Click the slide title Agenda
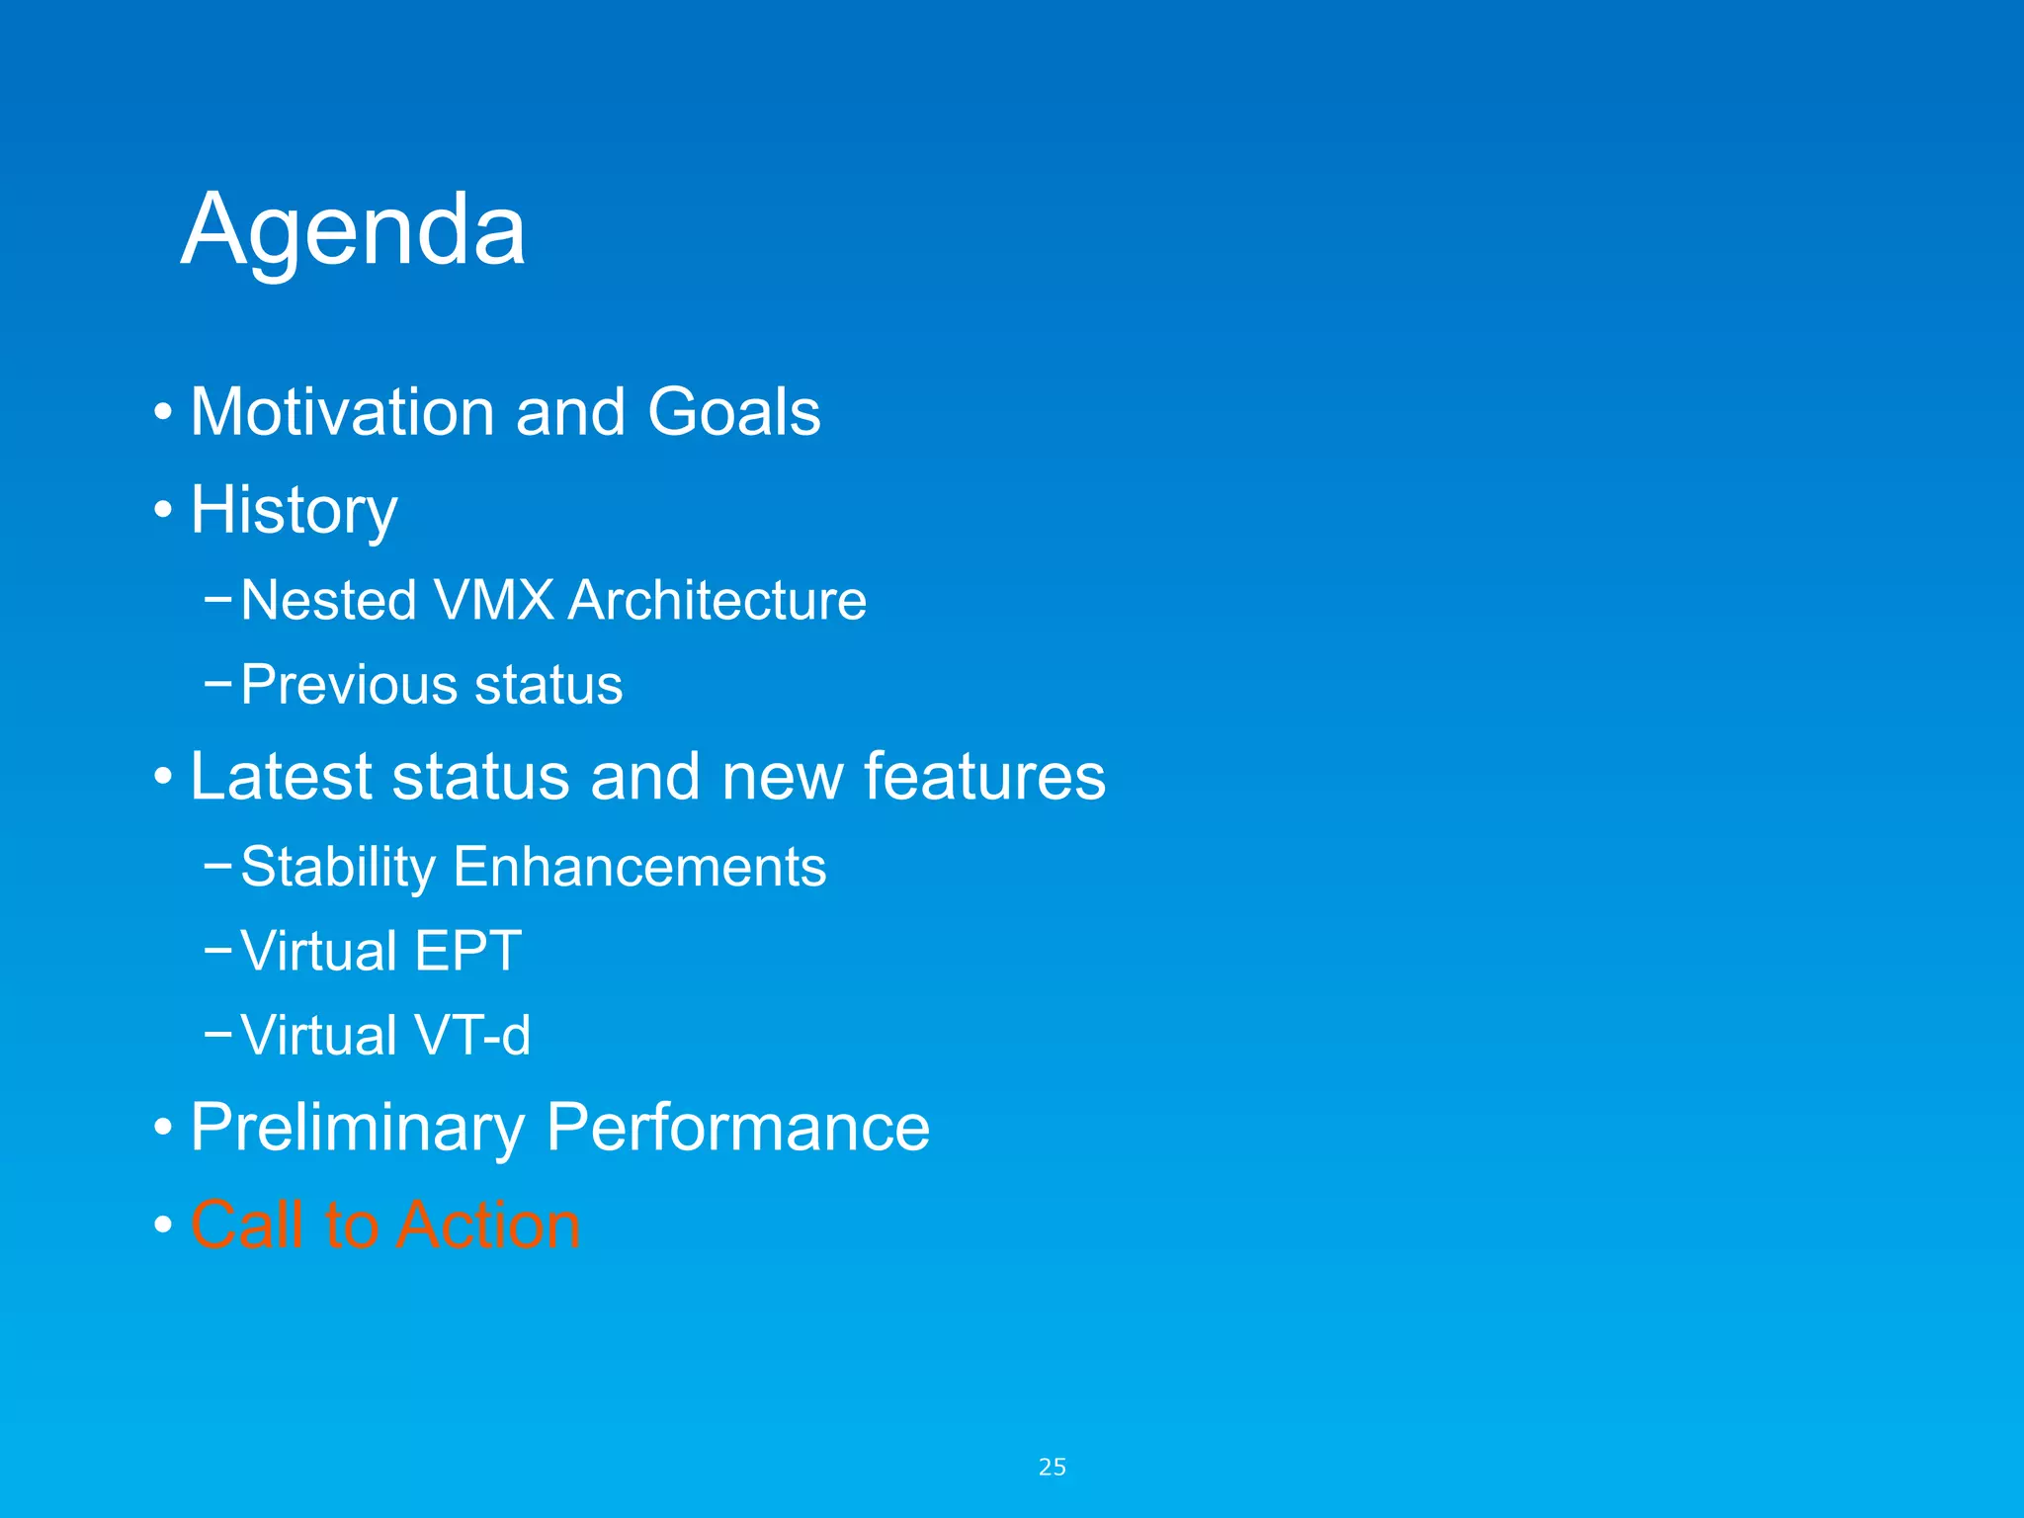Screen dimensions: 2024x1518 click(353, 229)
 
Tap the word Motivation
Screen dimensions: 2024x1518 click(342, 411)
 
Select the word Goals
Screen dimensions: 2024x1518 click(733, 411)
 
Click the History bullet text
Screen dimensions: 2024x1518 click(294, 510)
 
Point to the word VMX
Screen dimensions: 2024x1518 click(493, 600)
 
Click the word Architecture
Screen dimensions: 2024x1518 click(717, 600)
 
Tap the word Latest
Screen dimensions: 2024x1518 click(281, 776)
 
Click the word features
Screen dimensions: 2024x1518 click(984, 776)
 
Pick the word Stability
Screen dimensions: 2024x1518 click(338, 867)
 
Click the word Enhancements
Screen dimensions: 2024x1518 click(639, 867)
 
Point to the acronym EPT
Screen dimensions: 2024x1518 click(467, 951)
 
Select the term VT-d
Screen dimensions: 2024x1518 click(471, 1036)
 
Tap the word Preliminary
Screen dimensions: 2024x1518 click(358, 1127)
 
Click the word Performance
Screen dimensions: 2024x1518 click(737, 1127)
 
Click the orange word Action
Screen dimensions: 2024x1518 click(488, 1224)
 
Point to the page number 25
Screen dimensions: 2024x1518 click(1052, 1467)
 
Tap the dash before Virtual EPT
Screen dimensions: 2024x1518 click(217, 950)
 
